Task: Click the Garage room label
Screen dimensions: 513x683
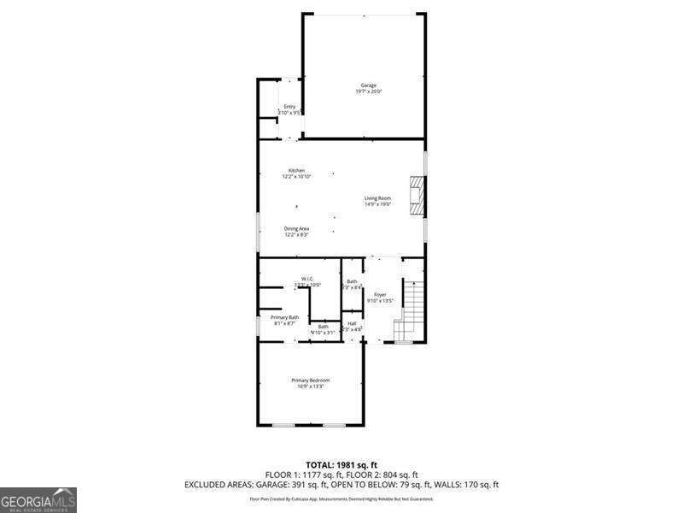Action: pos(368,85)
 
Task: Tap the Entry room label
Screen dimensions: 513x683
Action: pos(289,107)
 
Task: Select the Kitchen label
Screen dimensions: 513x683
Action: pos(296,170)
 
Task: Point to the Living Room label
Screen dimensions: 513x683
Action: pos(377,198)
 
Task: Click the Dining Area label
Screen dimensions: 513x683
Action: pos(296,228)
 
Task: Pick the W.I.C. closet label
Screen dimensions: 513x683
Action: pos(306,278)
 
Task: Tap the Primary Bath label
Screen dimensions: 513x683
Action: pos(285,317)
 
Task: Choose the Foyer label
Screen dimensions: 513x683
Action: pos(380,294)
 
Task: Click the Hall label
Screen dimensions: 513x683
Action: pos(352,323)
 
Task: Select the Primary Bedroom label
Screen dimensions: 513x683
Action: pos(310,380)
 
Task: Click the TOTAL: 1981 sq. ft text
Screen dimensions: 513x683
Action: pos(341,463)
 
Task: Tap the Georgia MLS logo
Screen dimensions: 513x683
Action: pos(38,499)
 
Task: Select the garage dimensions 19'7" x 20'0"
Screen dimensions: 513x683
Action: pos(369,91)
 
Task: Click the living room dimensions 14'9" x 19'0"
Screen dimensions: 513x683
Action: pos(377,204)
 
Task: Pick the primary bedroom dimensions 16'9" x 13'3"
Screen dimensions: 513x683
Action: pos(310,386)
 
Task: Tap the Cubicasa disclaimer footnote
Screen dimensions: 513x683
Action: pos(341,498)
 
